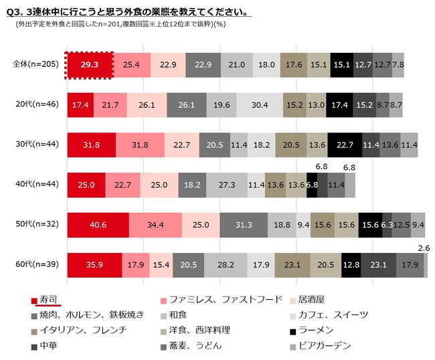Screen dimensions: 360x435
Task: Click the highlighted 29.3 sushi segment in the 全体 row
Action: tap(89, 64)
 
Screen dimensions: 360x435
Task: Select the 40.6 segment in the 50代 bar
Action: tap(98, 225)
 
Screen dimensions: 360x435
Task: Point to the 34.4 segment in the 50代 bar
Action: tap(155, 225)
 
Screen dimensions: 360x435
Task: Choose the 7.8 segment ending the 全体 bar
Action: tap(398, 64)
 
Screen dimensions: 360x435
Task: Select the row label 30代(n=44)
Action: tap(37, 145)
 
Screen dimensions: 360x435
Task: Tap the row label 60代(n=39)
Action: tap(37, 265)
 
